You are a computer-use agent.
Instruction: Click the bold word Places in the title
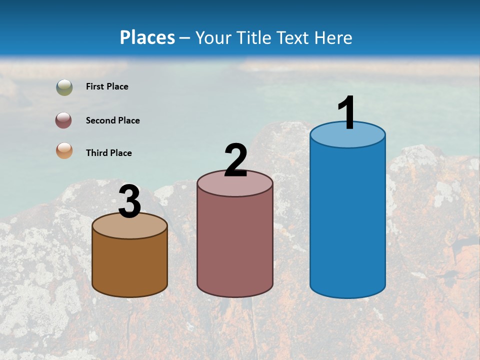point(147,37)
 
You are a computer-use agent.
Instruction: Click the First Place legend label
point(107,86)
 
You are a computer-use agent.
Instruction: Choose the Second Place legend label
point(112,120)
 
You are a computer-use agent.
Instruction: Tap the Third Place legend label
point(108,153)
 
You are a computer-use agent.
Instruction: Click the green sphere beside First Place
point(64,87)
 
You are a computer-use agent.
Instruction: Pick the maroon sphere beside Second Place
point(64,120)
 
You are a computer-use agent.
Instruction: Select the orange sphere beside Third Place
point(64,150)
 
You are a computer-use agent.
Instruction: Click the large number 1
point(347,113)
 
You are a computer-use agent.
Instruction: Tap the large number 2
point(236,160)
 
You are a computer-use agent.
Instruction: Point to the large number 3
point(130,202)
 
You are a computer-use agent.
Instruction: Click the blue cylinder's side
point(347,220)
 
